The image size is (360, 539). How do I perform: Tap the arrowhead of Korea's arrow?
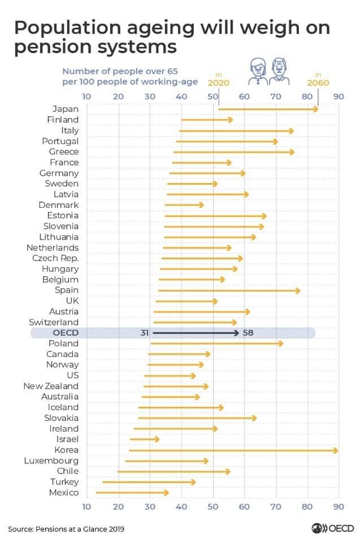pyautogui.click(x=336, y=450)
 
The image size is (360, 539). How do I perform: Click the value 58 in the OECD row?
pyautogui.click(x=248, y=333)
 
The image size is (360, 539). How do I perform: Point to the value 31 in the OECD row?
pyautogui.click(x=145, y=333)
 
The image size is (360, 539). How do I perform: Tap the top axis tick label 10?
pyautogui.click(x=86, y=96)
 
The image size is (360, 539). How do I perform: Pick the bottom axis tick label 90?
pyautogui.click(x=339, y=506)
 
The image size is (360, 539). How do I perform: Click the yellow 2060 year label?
pyautogui.click(x=318, y=82)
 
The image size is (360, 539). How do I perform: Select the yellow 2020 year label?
pyautogui.click(x=219, y=82)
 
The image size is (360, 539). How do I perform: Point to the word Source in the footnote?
pyautogui.click(x=20, y=529)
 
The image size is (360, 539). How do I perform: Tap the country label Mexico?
pyautogui.click(x=64, y=493)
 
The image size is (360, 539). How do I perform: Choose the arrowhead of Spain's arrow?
pyautogui.click(x=298, y=290)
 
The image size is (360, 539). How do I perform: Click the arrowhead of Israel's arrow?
pyautogui.click(x=157, y=439)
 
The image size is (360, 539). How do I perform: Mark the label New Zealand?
pyautogui.click(x=51, y=386)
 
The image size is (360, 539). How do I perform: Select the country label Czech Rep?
pyautogui.click(x=55, y=258)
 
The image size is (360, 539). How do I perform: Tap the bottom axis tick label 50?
pyautogui.click(x=213, y=506)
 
